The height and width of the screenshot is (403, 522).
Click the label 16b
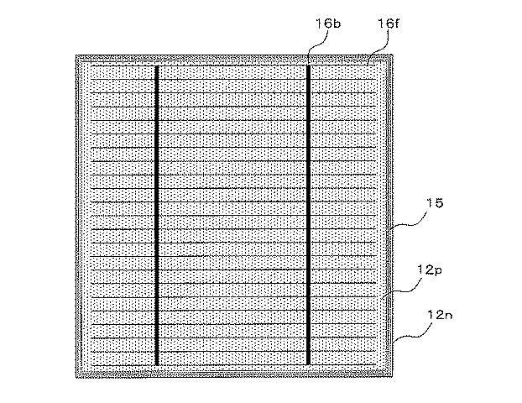[328, 24]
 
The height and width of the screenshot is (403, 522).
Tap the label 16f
[389, 24]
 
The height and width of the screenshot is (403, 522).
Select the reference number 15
[435, 203]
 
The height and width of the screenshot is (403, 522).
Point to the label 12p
[430, 270]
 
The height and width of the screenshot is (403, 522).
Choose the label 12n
[440, 315]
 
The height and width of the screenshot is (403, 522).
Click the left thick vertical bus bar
[157, 216]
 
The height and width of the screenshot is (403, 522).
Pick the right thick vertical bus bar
[308, 215]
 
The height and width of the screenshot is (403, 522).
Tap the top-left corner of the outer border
[76, 55]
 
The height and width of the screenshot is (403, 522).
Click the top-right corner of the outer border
[393, 55]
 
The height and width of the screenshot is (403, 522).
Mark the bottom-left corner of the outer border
[76, 377]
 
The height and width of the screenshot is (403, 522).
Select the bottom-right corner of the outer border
[393, 377]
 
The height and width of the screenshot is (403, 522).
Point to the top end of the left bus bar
[157, 66]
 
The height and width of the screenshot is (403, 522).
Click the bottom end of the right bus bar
[308, 364]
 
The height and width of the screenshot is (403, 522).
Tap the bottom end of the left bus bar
[157, 365]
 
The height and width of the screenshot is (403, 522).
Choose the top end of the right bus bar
[308, 65]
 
